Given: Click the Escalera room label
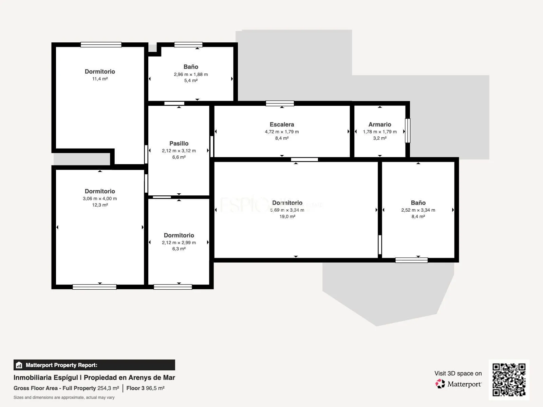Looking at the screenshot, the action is coord(282,124).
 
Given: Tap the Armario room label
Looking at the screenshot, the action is coord(380,124).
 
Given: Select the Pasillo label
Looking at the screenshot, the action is coord(179,143).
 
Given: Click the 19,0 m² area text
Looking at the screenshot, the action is coord(287,216).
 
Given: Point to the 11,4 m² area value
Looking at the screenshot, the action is coord(100,79).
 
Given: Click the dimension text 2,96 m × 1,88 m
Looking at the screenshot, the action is coord(191,74).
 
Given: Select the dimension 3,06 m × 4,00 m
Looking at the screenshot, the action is coord(100,198).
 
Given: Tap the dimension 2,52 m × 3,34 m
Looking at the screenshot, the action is coord(418,210).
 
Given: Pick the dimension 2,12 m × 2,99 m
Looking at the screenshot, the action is coord(179,243).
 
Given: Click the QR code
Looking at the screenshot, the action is coord(509,380).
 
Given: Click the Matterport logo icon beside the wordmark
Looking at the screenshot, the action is coord(440,384).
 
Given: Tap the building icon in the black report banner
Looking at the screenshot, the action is coord(19,365).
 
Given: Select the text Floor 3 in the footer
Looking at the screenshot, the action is coord(135,388).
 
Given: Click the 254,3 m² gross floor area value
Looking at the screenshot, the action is coord(108,388).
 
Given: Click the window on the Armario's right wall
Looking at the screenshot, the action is coord(408,131).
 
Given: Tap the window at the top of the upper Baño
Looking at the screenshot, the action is coord(188,45).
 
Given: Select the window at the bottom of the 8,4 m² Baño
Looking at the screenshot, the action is coord(411,260).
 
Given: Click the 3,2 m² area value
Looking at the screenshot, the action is coord(380,138).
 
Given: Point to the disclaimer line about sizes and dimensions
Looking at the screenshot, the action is coord(64,398).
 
